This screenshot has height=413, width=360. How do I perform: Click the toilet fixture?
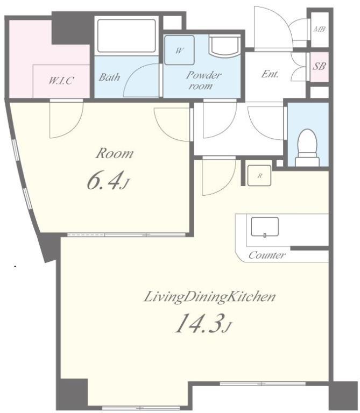(x=307, y=148)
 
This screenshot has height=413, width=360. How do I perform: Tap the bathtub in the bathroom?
(x=126, y=36)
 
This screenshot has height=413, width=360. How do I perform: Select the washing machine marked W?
(x=180, y=50)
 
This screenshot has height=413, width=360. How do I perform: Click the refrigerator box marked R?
(x=259, y=175)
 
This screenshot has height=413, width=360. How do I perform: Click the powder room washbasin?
(x=224, y=46)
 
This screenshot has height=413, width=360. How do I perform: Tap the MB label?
(x=319, y=29)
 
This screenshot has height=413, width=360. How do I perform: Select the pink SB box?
(x=320, y=67)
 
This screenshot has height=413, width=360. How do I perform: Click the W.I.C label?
(x=61, y=80)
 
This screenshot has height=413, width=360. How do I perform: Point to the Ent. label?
(x=270, y=74)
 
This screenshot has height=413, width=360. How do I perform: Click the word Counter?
(x=267, y=255)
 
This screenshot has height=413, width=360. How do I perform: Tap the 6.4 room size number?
(x=105, y=181)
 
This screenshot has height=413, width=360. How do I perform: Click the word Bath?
(x=109, y=77)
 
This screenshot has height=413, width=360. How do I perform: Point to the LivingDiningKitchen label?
(x=210, y=297)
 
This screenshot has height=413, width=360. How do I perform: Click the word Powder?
(x=203, y=75)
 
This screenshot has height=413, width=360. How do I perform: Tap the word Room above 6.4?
(x=115, y=154)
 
